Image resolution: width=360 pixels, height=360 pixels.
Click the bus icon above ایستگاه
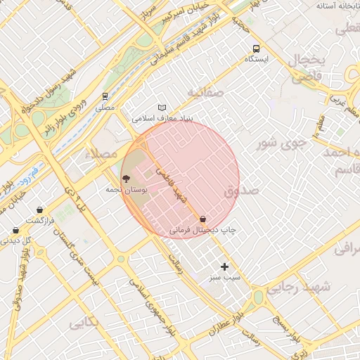256,49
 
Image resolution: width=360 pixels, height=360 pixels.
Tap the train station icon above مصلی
105,96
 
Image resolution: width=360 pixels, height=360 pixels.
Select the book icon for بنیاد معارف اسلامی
162,108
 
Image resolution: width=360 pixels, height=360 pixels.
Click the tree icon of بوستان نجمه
126,179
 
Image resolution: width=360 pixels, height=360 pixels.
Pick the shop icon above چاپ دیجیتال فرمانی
203,219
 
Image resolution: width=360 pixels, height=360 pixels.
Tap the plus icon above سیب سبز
224,266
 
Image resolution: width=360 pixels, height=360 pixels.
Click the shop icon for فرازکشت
39,210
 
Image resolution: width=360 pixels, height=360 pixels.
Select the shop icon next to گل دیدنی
15,230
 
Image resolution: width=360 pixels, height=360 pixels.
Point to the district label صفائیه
205,92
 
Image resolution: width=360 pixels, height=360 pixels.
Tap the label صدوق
242,191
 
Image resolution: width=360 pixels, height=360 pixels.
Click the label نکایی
82,323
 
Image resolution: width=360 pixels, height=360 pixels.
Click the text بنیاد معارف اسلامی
167,119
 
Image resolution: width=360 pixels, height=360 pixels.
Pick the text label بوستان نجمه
127,190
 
